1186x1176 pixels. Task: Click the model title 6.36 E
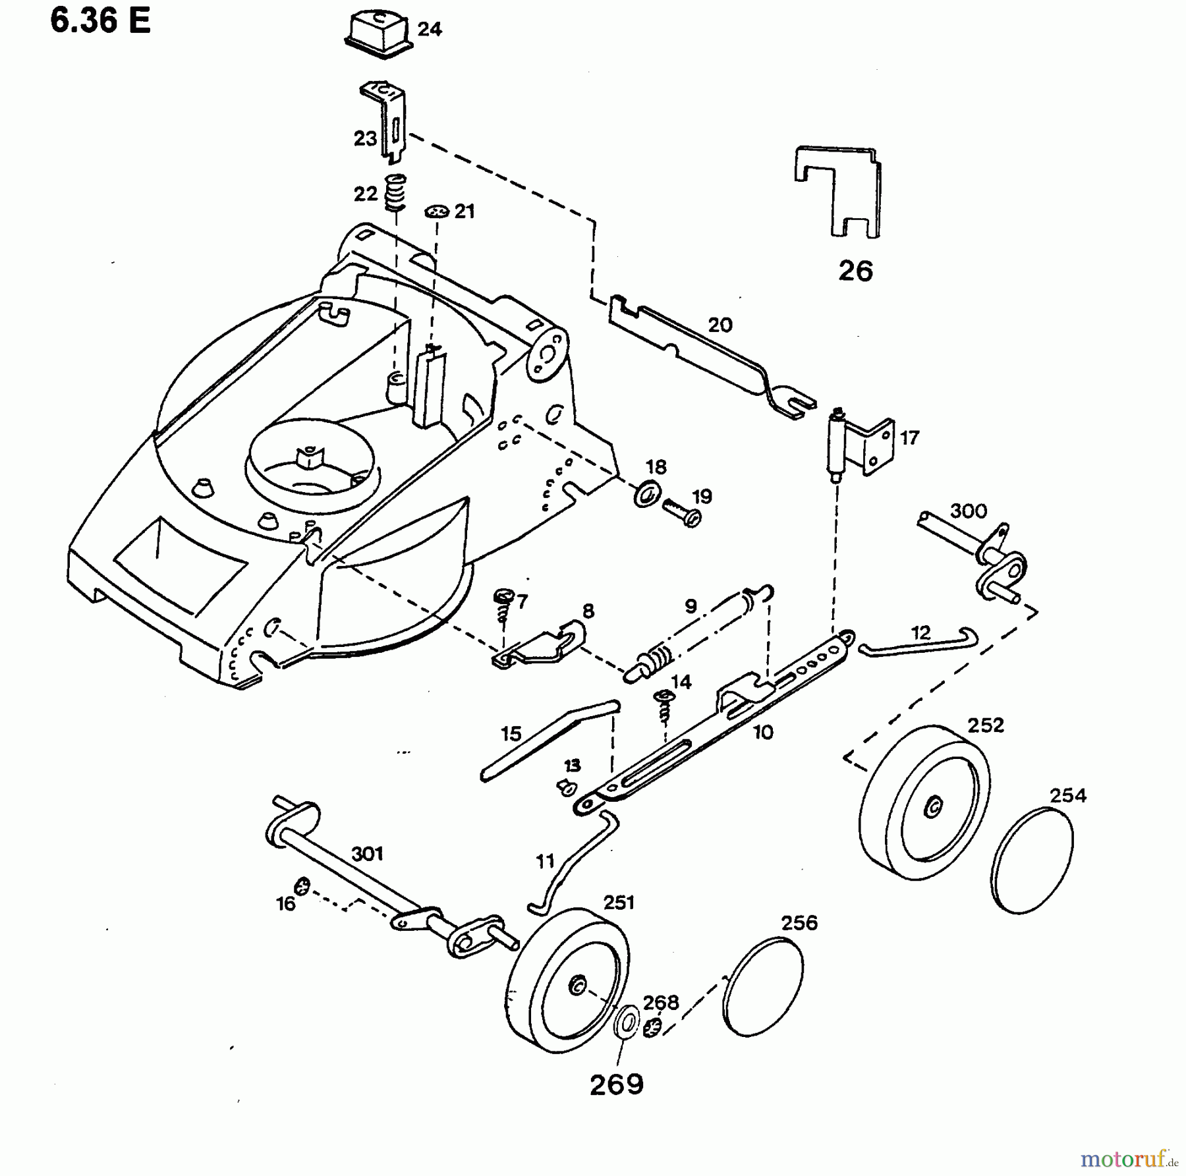pyautogui.click(x=100, y=21)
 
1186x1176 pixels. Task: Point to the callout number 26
pyautogui.click(x=855, y=271)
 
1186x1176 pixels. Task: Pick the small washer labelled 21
pyautogui.click(x=437, y=211)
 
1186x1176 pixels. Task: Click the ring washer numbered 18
pyautogui.click(x=648, y=493)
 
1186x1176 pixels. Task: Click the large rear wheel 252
pyautogui.click(x=924, y=803)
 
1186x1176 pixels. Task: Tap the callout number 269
pyautogui.click(x=616, y=1084)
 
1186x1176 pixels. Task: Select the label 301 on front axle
pyautogui.click(x=367, y=854)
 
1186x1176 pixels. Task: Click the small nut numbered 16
pyautogui.click(x=302, y=887)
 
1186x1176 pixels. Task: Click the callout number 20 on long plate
pyautogui.click(x=720, y=325)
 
